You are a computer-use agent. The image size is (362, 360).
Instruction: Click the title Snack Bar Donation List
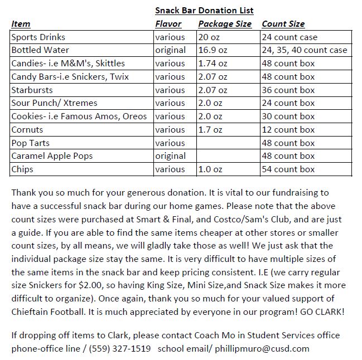[x=204, y=11]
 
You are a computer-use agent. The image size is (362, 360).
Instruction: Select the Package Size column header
[x=224, y=24]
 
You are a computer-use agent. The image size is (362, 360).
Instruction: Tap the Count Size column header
[x=283, y=24]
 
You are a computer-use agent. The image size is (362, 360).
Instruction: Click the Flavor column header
[x=168, y=24]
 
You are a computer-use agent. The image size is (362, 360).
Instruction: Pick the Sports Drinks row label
[x=38, y=37]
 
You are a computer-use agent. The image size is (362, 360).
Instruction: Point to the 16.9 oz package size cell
[x=213, y=50]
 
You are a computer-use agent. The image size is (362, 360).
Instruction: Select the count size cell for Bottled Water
[x=304, y=50]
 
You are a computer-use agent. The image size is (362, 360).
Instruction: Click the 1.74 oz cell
[x=213, y=64]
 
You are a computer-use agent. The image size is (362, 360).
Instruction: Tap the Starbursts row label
[x=32, y=90]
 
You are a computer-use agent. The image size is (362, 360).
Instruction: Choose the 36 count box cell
[x=288, y=90]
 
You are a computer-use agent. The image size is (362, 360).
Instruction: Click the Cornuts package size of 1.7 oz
[x=210, y=129]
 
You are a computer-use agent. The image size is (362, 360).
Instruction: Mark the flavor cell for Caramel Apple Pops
[x=171, y=156]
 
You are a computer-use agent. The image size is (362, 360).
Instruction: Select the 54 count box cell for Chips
[x=288, y=169]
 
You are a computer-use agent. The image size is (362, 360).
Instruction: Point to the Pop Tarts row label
[x=31, y=143]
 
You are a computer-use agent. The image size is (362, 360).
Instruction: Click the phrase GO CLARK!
[x=322, y=312]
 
